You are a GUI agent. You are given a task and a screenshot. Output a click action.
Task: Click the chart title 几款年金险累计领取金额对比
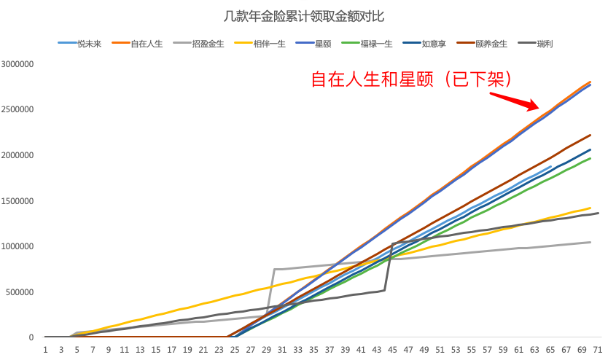click(304, 15)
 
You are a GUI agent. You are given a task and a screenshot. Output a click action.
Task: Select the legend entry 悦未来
click(89, 44)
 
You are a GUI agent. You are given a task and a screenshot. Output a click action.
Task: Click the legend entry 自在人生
click(147, 44)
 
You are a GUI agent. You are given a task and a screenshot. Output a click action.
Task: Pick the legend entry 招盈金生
click(208, 44)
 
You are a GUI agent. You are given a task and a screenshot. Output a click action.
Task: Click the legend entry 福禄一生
click(376, 44)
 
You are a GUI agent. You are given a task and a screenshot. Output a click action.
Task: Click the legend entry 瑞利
click(543, 44)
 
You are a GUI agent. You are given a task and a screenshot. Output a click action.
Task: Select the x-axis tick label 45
click(393, 350)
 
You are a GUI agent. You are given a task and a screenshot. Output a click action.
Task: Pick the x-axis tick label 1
click(45, 350)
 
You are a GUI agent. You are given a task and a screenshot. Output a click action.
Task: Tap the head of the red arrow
click(538, 109)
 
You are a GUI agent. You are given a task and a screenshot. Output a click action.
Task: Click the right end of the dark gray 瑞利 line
click(598, 213)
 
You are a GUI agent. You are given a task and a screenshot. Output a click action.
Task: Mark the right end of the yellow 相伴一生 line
click(590, 208)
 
